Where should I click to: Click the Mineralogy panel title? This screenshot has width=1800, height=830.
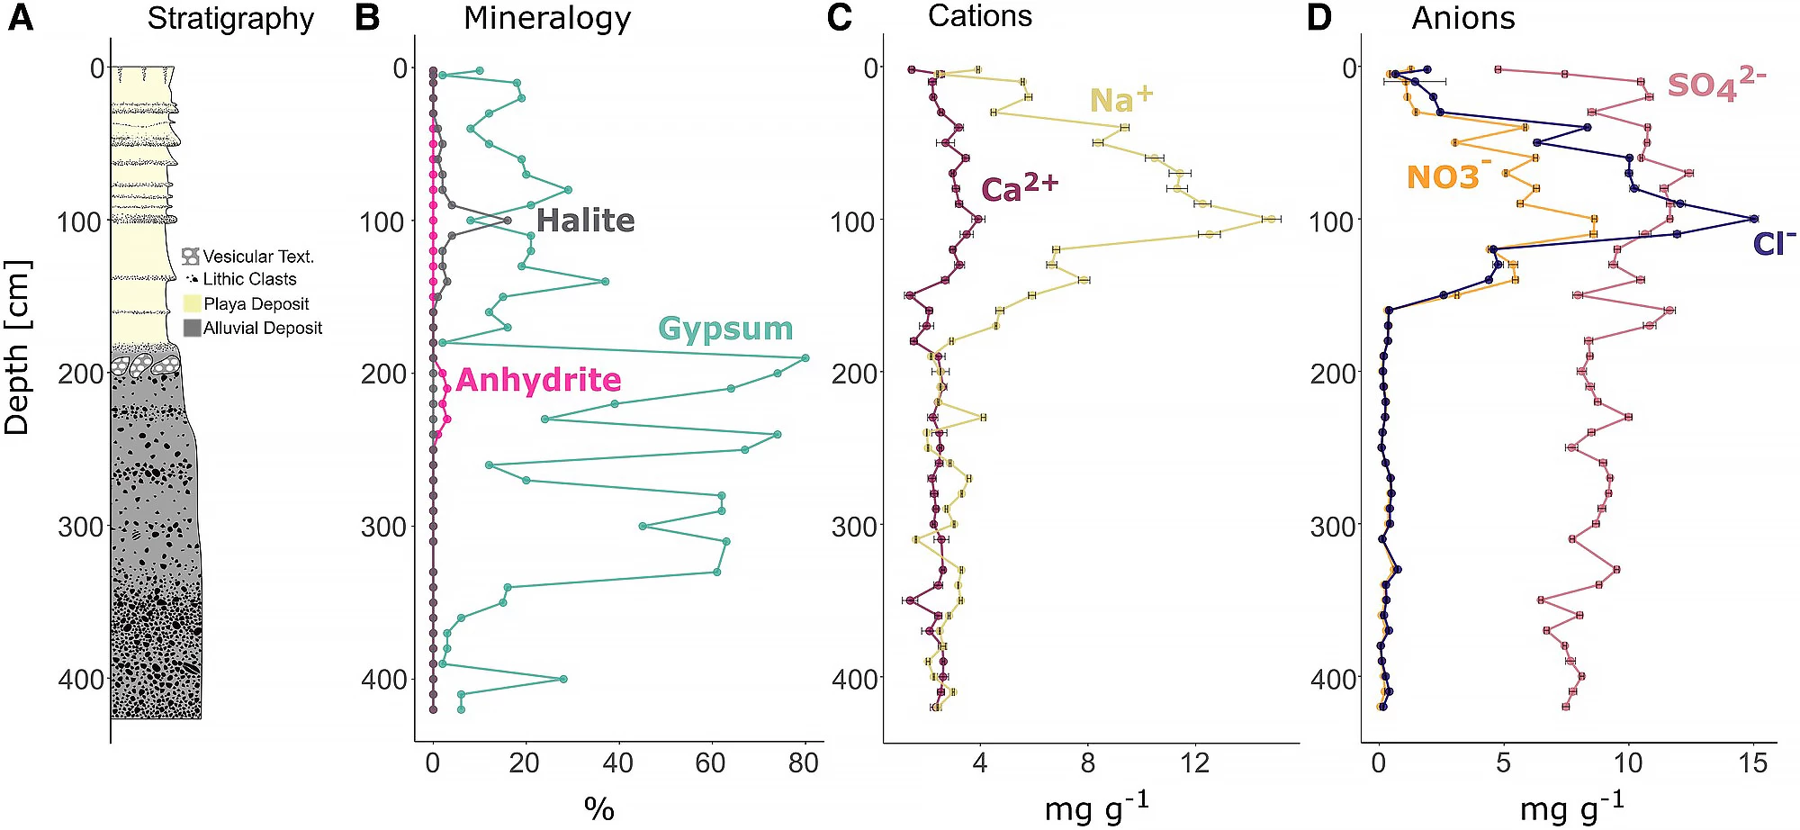pyautogui.click(x=546, y=18)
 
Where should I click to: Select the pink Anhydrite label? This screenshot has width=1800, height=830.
pyautogui.click(x=538, y=380)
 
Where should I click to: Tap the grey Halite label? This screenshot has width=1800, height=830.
pyautogui.click(x=586, y=221)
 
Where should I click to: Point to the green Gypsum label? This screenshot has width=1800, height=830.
pyautogui.click(x=725, y=329)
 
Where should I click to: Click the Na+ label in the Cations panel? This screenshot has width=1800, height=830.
pyautogui.click(x=1120, y=99)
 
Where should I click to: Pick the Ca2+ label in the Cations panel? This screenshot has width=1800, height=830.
pyautogui.click(x=1019, y=188)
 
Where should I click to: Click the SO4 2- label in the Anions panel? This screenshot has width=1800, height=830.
pyautogui.click(x=1715, y=85)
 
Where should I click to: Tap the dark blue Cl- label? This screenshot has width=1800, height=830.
pyautogui.click(x=1774, y=244)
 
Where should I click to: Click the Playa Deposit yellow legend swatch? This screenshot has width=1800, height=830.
pyautogui.click(x=192, y=303)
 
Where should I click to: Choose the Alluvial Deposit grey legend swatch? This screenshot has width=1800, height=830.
pyautogui.click(x=192, y=328)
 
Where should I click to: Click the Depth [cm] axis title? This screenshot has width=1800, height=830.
pyautogui.click(x=17, y=347)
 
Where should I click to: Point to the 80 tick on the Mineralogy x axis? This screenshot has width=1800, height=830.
pyautogui.click(x=803, y=764)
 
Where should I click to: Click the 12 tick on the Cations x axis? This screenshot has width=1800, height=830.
pyautogui.click(x=1195, y=763)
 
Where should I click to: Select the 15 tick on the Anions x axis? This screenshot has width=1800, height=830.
pyautogui.click(x=1752, y=764)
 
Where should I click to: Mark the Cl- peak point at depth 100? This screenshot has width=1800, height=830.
pyautogui.click(x=1753, y=219)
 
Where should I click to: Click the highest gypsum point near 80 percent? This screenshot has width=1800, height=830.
pyautogui.click(x=805, y=358)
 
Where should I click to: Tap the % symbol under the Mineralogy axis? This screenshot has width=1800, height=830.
pyautogui.click(x=598, y=807)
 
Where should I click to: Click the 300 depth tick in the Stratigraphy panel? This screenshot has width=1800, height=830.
pyautogui.click(x=81, y=527)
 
